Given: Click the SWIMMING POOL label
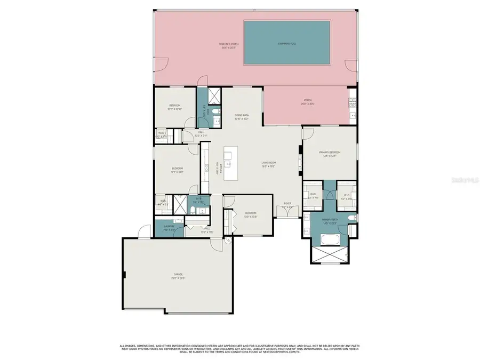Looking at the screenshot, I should pyautogui.click(x=287, y=44).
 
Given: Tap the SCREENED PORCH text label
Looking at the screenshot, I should pyautogui.click(x=228, y=46).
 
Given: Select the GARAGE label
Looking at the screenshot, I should pyautogui.click(x=178, y=276).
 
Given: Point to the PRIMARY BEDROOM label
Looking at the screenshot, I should pyautogui.click(x=330, y=154).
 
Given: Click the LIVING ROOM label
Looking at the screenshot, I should pyautogui.click(x=268, y=164).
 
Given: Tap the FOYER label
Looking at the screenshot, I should pyautogui.click(x=287, y=204).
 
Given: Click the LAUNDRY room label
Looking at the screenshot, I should pyautogui.click(x=169, y=228).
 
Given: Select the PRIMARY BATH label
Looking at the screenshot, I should pyautogui.click(x=329, y=221).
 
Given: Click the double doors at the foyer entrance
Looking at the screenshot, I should pyautogui.click(x=287, y=212).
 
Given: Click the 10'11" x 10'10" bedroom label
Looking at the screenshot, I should pyautogui.click(x=175, y=107).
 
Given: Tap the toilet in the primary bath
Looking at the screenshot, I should pyautogui.click(x=351, y=218).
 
